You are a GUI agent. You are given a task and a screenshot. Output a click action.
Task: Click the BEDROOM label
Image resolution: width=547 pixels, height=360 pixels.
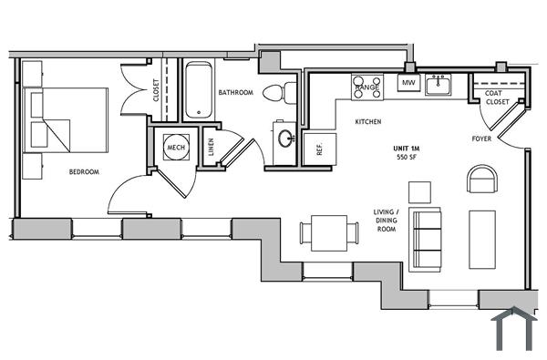(x=83, y=171)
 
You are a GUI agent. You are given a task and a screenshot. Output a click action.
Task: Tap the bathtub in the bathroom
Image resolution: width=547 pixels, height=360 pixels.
(x=199, y=91)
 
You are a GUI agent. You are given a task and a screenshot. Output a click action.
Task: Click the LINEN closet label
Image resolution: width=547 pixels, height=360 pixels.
(x=211, y=148)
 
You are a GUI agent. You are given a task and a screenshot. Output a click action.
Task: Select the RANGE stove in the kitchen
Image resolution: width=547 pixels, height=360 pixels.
(x=366, y=86)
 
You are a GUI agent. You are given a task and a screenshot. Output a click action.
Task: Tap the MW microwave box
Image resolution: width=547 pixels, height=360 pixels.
(x=408, y=84)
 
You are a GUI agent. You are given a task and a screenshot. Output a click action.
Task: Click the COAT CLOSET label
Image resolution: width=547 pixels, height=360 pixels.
(x=497, y=98)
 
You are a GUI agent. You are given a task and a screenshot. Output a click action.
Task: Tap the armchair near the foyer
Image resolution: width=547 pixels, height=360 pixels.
(x=481, y=179)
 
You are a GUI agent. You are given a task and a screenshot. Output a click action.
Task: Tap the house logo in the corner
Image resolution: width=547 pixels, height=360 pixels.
(x=512, y=329)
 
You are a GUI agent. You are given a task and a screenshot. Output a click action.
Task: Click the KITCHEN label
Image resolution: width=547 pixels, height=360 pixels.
(x=367, y=121)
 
